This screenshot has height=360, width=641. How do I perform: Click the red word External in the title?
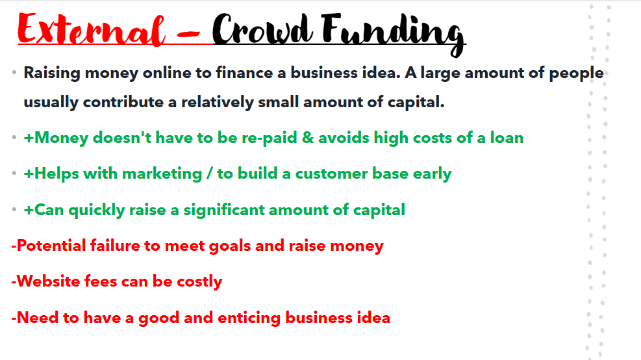pyautogui.click(x=91, y=29)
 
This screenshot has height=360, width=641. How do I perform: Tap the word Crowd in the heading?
pyautogui.click(x=262, y=29)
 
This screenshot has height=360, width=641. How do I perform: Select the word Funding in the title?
pyautogui.click(x=393, y=34)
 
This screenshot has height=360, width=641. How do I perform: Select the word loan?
pyautogui.click(x=507, y=138)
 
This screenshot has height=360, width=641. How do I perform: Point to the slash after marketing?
pyautogui.click(x=209, y=174)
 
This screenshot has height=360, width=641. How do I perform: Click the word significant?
pyautogui.click(x=223, y=211)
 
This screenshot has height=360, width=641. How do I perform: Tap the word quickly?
pyautogui.click(x=97, y=211)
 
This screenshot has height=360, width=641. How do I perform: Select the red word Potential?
pyautogui.click(x=51, y=246)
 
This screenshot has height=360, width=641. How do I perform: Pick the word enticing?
pyautogui.click(x=249, y=318)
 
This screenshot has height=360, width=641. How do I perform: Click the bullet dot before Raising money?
pyautogui.click(x=14, y=73)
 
